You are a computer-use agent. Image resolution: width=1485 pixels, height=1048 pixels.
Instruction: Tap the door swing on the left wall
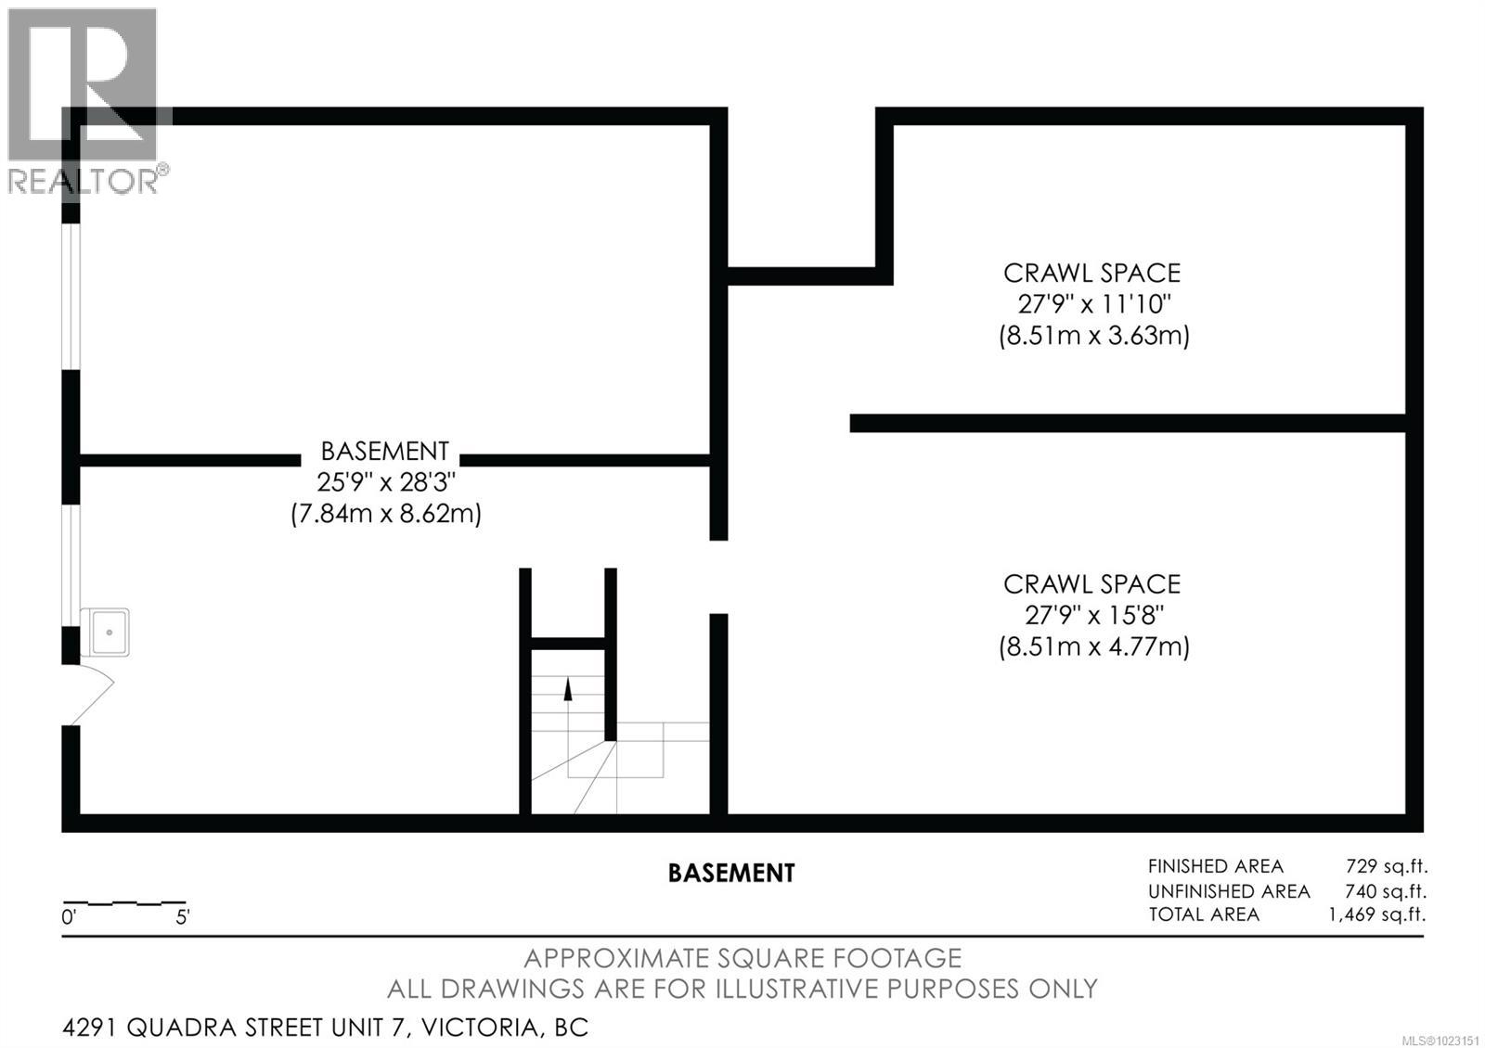coord(93,695)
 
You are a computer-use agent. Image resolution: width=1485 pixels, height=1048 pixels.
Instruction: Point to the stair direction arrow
coord(568,688)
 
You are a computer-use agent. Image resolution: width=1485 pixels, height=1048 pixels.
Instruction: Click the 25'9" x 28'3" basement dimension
coord(385,482)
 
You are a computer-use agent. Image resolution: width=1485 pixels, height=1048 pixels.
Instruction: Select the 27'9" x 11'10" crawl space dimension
coord(1093,304)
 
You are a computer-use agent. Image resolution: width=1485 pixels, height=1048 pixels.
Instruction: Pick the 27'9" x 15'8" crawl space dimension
coord(1093,615)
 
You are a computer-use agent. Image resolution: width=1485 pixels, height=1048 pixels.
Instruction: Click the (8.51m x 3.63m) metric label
coord(1093,335)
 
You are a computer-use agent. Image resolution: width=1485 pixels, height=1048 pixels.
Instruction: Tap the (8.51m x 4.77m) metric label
coord(1093,646)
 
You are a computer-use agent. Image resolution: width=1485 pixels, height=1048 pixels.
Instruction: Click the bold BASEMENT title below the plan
coord(731,874)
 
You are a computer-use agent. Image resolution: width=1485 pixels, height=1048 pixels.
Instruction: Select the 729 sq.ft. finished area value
coord(1386,866)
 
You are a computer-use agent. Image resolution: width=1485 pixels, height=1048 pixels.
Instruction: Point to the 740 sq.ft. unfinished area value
coord(1385,891)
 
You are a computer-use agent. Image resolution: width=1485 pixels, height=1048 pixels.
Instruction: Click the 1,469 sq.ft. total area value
coord(1376,914)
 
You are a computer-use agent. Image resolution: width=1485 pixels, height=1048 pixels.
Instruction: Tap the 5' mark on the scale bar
coord(183,918)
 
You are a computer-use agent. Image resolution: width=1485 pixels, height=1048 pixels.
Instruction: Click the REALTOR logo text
coord(84,181)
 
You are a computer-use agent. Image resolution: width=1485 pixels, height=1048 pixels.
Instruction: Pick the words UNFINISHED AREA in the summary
coord(1229,891)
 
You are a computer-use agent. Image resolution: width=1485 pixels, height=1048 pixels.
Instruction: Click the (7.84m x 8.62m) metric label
coord(385,513)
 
